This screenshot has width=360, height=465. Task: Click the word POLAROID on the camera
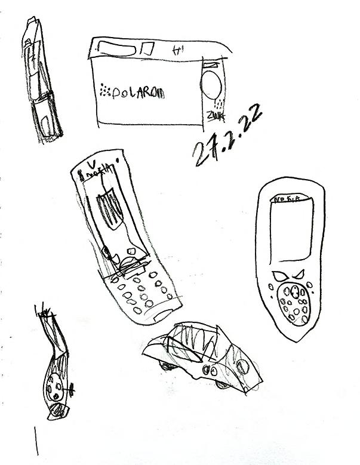[138, 93]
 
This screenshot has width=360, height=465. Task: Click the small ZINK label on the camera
[214, 114]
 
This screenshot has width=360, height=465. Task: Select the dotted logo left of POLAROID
[106, 91]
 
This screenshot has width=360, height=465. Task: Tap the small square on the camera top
[149, 49]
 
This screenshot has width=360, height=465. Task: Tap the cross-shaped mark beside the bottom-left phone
[71, 390]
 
